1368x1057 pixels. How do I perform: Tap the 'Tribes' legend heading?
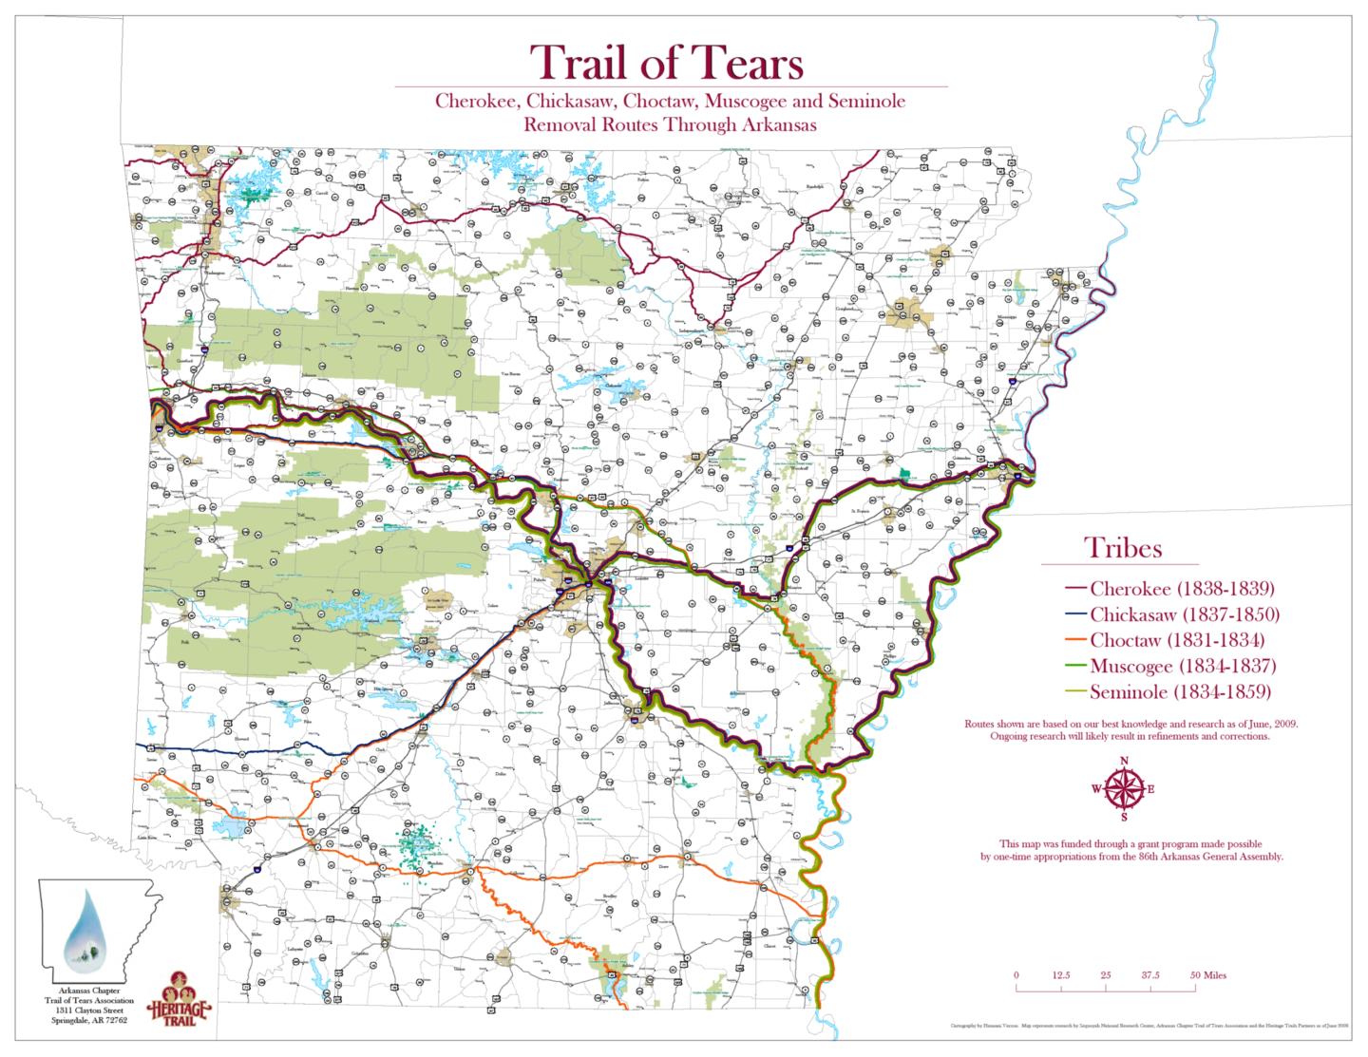[1124, 549]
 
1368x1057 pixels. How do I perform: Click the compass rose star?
[1124, 789]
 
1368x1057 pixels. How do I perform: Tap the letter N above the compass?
[1124, 761]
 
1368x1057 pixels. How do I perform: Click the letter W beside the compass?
[1095, 789]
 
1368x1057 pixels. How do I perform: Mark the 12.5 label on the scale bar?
[1061, 975]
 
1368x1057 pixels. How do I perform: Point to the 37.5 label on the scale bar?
[1150, 975]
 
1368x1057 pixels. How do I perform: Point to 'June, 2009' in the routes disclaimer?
[1271, 725]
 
